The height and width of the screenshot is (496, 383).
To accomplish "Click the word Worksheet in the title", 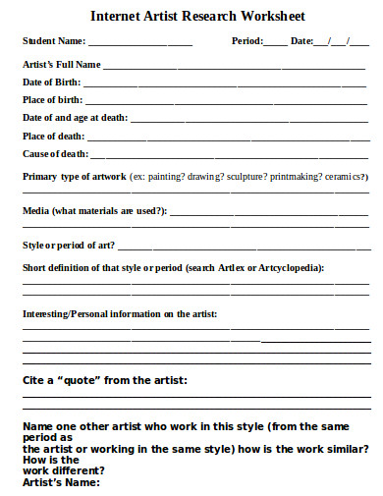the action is click(267, 17).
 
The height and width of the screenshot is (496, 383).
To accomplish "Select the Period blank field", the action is click(276, 44).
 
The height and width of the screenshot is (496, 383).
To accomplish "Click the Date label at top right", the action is click(301, 42).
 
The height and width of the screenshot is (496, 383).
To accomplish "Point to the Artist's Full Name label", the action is click(62, 64).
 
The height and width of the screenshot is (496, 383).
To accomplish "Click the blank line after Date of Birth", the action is click(226, 84).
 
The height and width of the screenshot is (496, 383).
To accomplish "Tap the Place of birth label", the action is click(53, 100).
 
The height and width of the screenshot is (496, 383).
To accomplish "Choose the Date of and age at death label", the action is click(75, 118).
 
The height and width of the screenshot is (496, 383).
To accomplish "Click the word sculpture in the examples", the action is click(248, 177).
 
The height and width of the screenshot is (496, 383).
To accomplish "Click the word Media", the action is click(35, 211).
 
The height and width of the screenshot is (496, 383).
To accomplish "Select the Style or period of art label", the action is click(68, 245).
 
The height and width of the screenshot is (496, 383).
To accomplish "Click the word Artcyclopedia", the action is click(290, 268).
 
